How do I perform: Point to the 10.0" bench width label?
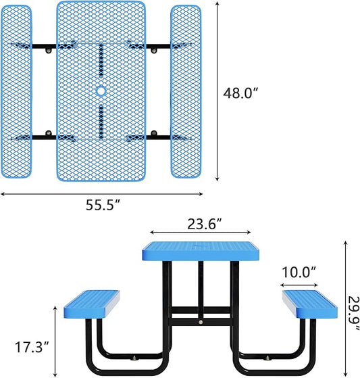click(x=299, y=273)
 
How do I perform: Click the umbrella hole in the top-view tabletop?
click(x=101, y=91)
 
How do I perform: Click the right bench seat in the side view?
click(x=310, y=304)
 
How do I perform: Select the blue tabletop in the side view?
click(x=201, y=252)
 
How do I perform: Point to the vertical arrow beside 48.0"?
click(x=217, y=91)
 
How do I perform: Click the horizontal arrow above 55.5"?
click(x=101, y=193)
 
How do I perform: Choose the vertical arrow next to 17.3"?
click(x=55, y=338)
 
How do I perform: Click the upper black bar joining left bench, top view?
click(x=47, y=49)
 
